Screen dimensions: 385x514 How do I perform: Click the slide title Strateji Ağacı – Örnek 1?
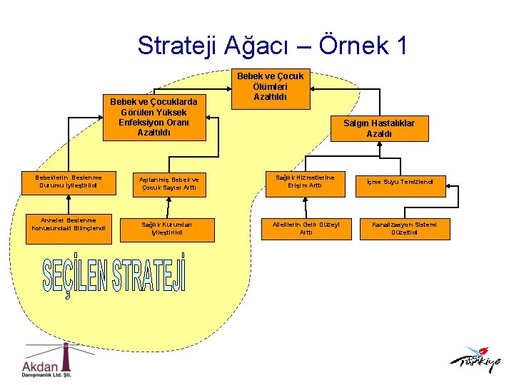click(x=273, y=46)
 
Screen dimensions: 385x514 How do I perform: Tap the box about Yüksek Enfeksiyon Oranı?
click(x=154, y=117)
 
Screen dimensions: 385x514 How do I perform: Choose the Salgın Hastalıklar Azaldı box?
click(x=379, y=128)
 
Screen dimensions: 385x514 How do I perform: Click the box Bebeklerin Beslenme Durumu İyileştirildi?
click(x=69, y=183)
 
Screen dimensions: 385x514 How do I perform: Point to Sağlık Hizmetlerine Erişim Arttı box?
click(x=305, y=181)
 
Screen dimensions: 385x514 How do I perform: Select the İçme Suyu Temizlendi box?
click(x=405, y=182)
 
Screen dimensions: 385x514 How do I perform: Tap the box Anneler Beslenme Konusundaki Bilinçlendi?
click(x=69, y=225)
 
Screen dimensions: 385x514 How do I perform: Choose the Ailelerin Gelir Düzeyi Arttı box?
click(x=306, y=228)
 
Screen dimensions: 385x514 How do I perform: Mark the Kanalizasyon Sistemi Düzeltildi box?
click(x=410, y=228)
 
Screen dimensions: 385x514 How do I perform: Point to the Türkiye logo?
click(x=475, y=360)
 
